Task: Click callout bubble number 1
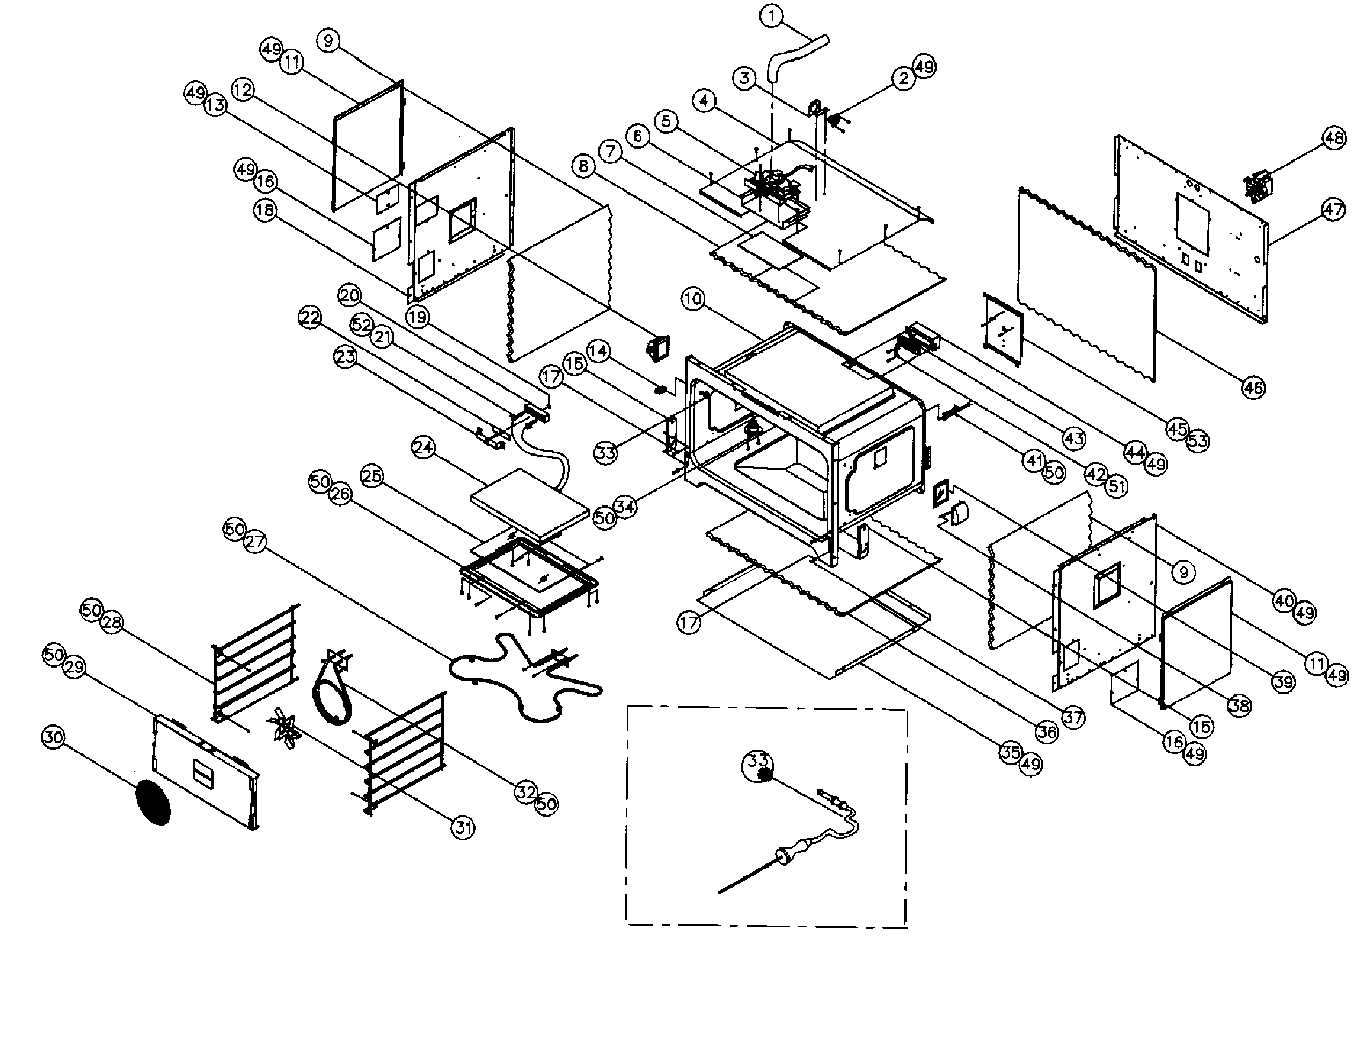[772, 16]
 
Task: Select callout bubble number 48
[1334, 137]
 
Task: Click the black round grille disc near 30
[153, 802]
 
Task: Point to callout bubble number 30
[53, 737]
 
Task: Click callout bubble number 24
[423, 448]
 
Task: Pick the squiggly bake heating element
[524, 680]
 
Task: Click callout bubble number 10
[692, 299]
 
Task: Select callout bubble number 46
[1253, 387]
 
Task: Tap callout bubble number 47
[1333, 210]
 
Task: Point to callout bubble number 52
[361, 324]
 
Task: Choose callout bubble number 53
[1197, 441]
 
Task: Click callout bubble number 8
[583, 166]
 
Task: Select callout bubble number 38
[1239, 706]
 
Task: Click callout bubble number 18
[265, 210]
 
